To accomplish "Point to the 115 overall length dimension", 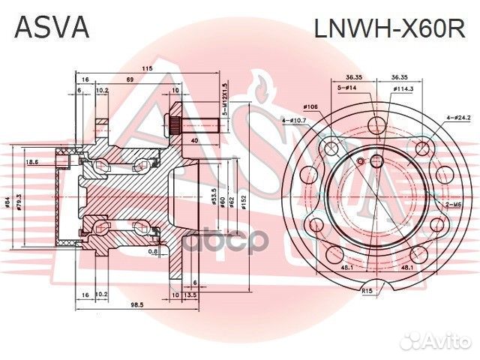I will pyautogui.click(x=148, y=69).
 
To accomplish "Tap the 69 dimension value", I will pyautogui.click(x=129, y=79).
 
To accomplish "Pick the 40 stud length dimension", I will pyautogui.click(x=195, y=140).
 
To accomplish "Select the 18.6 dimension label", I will pyautogui.click(x=31, y=162).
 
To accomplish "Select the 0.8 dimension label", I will pyautogui.click(x=153, y=251).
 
